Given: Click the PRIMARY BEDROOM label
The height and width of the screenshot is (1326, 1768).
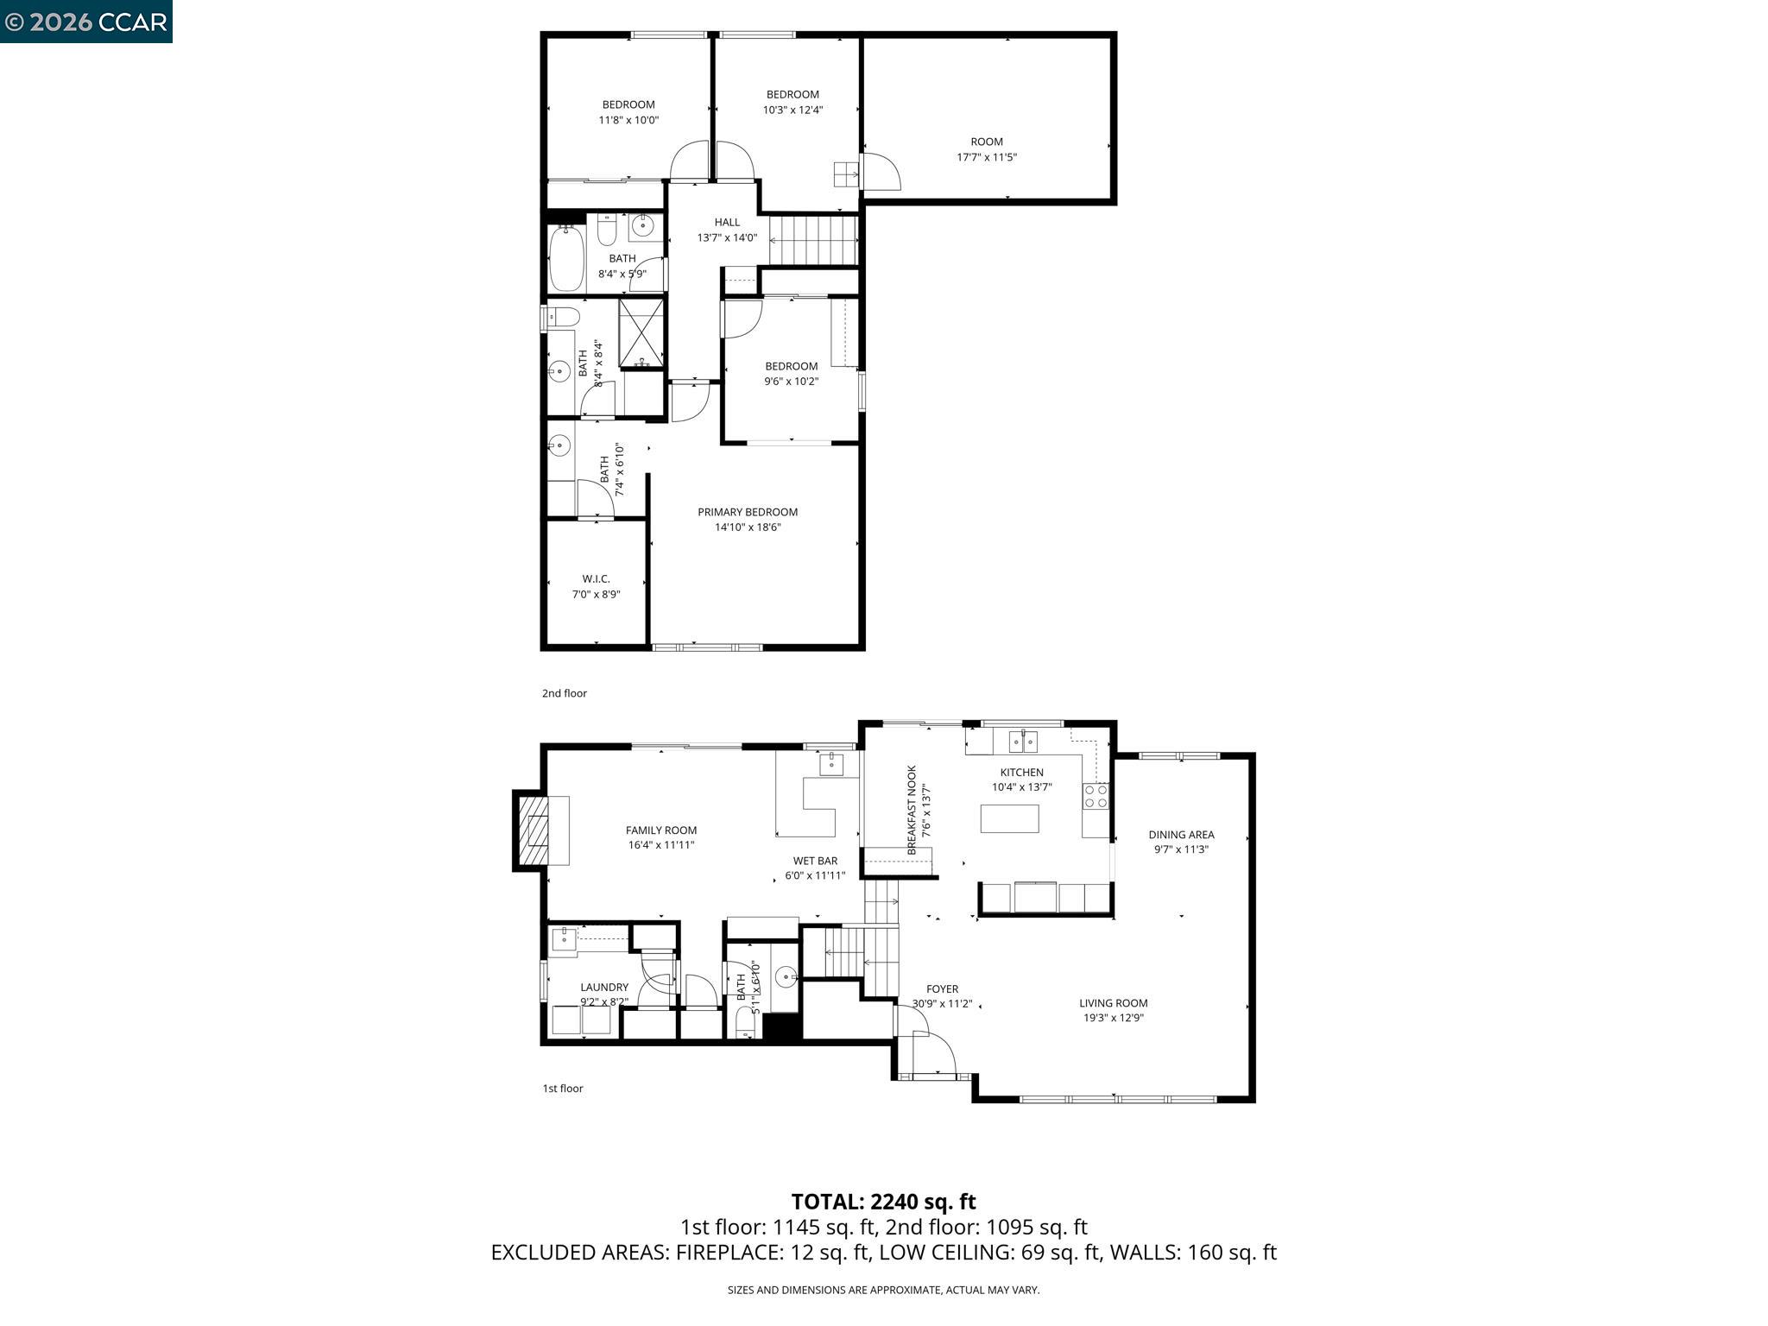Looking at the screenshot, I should pyautogui.click(x=748, y=512).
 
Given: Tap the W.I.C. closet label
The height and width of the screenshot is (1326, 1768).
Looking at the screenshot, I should pyautogui.click(x=596, y=578).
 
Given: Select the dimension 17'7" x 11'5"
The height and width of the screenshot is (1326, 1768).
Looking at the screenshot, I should pyautogui.click(x=987, y=157).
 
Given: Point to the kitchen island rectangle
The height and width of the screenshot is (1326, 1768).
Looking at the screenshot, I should pyautogui.click(x=1009, y=818).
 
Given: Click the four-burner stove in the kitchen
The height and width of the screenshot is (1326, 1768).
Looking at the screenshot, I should pyautogui.click(x=1096, y=796).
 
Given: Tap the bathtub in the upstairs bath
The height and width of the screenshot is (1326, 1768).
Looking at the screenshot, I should pyautogui.click(x=566, y=258).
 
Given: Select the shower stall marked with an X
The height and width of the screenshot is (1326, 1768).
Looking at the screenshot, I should pyautogui.click(x=641, y=333).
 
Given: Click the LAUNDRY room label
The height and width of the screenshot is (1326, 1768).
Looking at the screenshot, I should pyautogui.click(x=604, y=987).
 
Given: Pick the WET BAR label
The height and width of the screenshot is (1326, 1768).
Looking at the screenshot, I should pyautogui.click(x=815, y=861).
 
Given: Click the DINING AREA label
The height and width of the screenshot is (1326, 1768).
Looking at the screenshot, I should pyautogui.click(x=1181, y=835).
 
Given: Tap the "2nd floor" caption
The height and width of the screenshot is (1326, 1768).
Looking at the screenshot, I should pyautogui.click(x=564, y=693).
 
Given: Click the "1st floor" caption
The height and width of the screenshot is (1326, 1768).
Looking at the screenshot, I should pyautogui.click(x=562, y=1089).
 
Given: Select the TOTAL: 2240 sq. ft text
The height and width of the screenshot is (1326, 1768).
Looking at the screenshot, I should pyautogui.click(x=883, y=1202).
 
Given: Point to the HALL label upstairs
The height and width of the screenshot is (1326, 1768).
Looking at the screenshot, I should pyautogui.click(x=727, y=222).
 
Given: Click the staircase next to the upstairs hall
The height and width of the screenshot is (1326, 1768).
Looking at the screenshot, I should pyautogui.click(x=812, y=240).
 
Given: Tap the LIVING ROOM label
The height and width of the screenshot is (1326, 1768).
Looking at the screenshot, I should pyautogui.click(x=1113, y=1003).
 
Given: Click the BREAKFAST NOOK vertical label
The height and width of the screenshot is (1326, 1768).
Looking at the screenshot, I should pyautogui.click(x=912, y=810).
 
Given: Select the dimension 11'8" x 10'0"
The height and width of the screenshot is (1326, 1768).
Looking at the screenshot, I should pyautogui.click(x=628, y=120).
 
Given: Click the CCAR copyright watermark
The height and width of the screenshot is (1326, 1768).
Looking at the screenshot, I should pyautogui.click(x=85, y=22).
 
